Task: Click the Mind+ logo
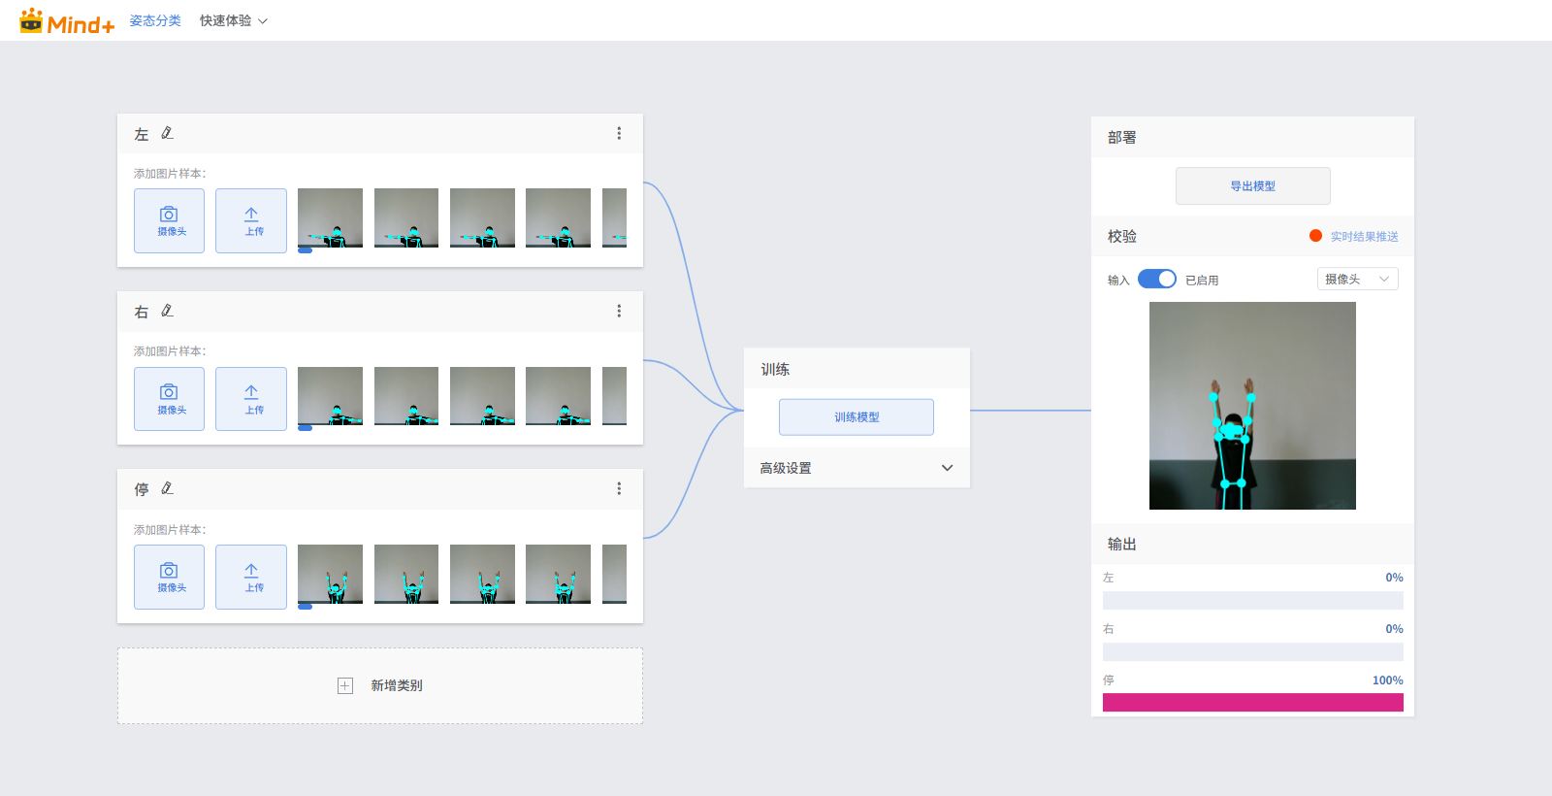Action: coord(67,21)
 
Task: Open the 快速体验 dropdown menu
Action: coord(234,20)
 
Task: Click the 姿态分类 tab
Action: coord(155,20)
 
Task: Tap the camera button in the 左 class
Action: coord(169,220)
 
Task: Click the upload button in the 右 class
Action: coord(251,399)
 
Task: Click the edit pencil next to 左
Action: coord(167,133)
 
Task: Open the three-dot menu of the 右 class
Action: coord(619,312)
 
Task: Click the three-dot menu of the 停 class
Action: coord(619,489)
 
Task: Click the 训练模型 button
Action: coord(857,416)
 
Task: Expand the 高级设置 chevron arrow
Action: coord(947,468)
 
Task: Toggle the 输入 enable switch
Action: coord(1157,280)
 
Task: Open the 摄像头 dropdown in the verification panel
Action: coord(1357,279)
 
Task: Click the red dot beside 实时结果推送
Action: coord(1315,236)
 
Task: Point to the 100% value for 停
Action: coord(1388,680)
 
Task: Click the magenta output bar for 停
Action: coord(1252,703)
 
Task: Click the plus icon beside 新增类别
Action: coord(345,685)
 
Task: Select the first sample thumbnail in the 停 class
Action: coord(330,574)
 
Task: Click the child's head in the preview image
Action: coord(1233,424)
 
